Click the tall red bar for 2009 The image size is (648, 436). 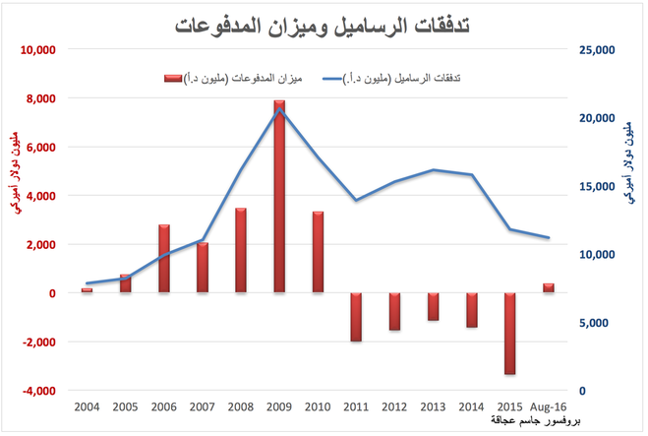[280, 196]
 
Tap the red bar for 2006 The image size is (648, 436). [164, 258]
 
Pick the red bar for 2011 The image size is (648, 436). [357, 317]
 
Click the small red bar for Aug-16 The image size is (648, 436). [549, 287]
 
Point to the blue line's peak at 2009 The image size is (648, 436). [280, 109]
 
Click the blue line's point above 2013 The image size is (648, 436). [434, 170]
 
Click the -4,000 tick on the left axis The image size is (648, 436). [40, 391]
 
